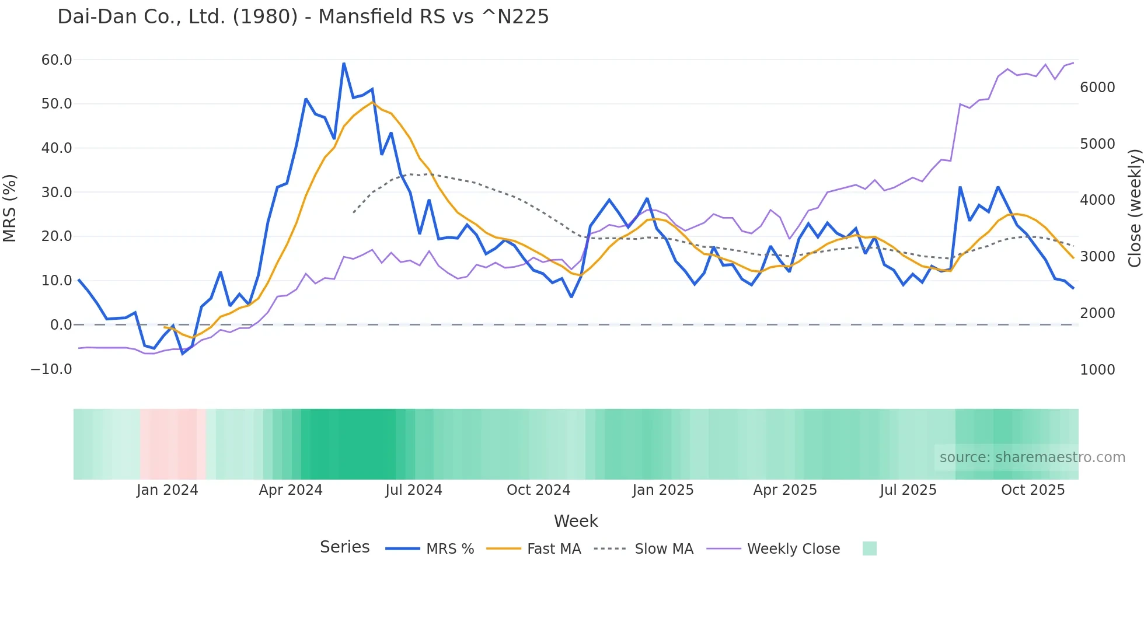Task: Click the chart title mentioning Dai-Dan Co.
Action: tap(303, 17)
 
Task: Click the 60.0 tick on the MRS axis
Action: tap(57, 60)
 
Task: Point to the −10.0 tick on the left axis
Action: tap(51, 369)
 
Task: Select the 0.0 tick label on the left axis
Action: tap(61, 325)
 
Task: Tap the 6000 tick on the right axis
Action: tap(1097, 88)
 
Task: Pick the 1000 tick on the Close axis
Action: tap(1097, 370)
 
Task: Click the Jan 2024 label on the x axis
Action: tap(168, 490)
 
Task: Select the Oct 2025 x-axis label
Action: tap(1033, 490)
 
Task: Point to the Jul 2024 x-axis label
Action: tap(413, 490)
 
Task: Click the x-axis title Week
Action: tap(576, 521)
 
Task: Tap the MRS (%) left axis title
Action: tap(10, 208)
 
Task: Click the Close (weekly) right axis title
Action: tap(1134, 208)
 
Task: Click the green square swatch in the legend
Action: tap(869, 548)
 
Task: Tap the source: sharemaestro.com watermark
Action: tap(1032, 457)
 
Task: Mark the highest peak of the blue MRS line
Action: tap(344, 63)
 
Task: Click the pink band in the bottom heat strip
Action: tap(172, 444)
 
